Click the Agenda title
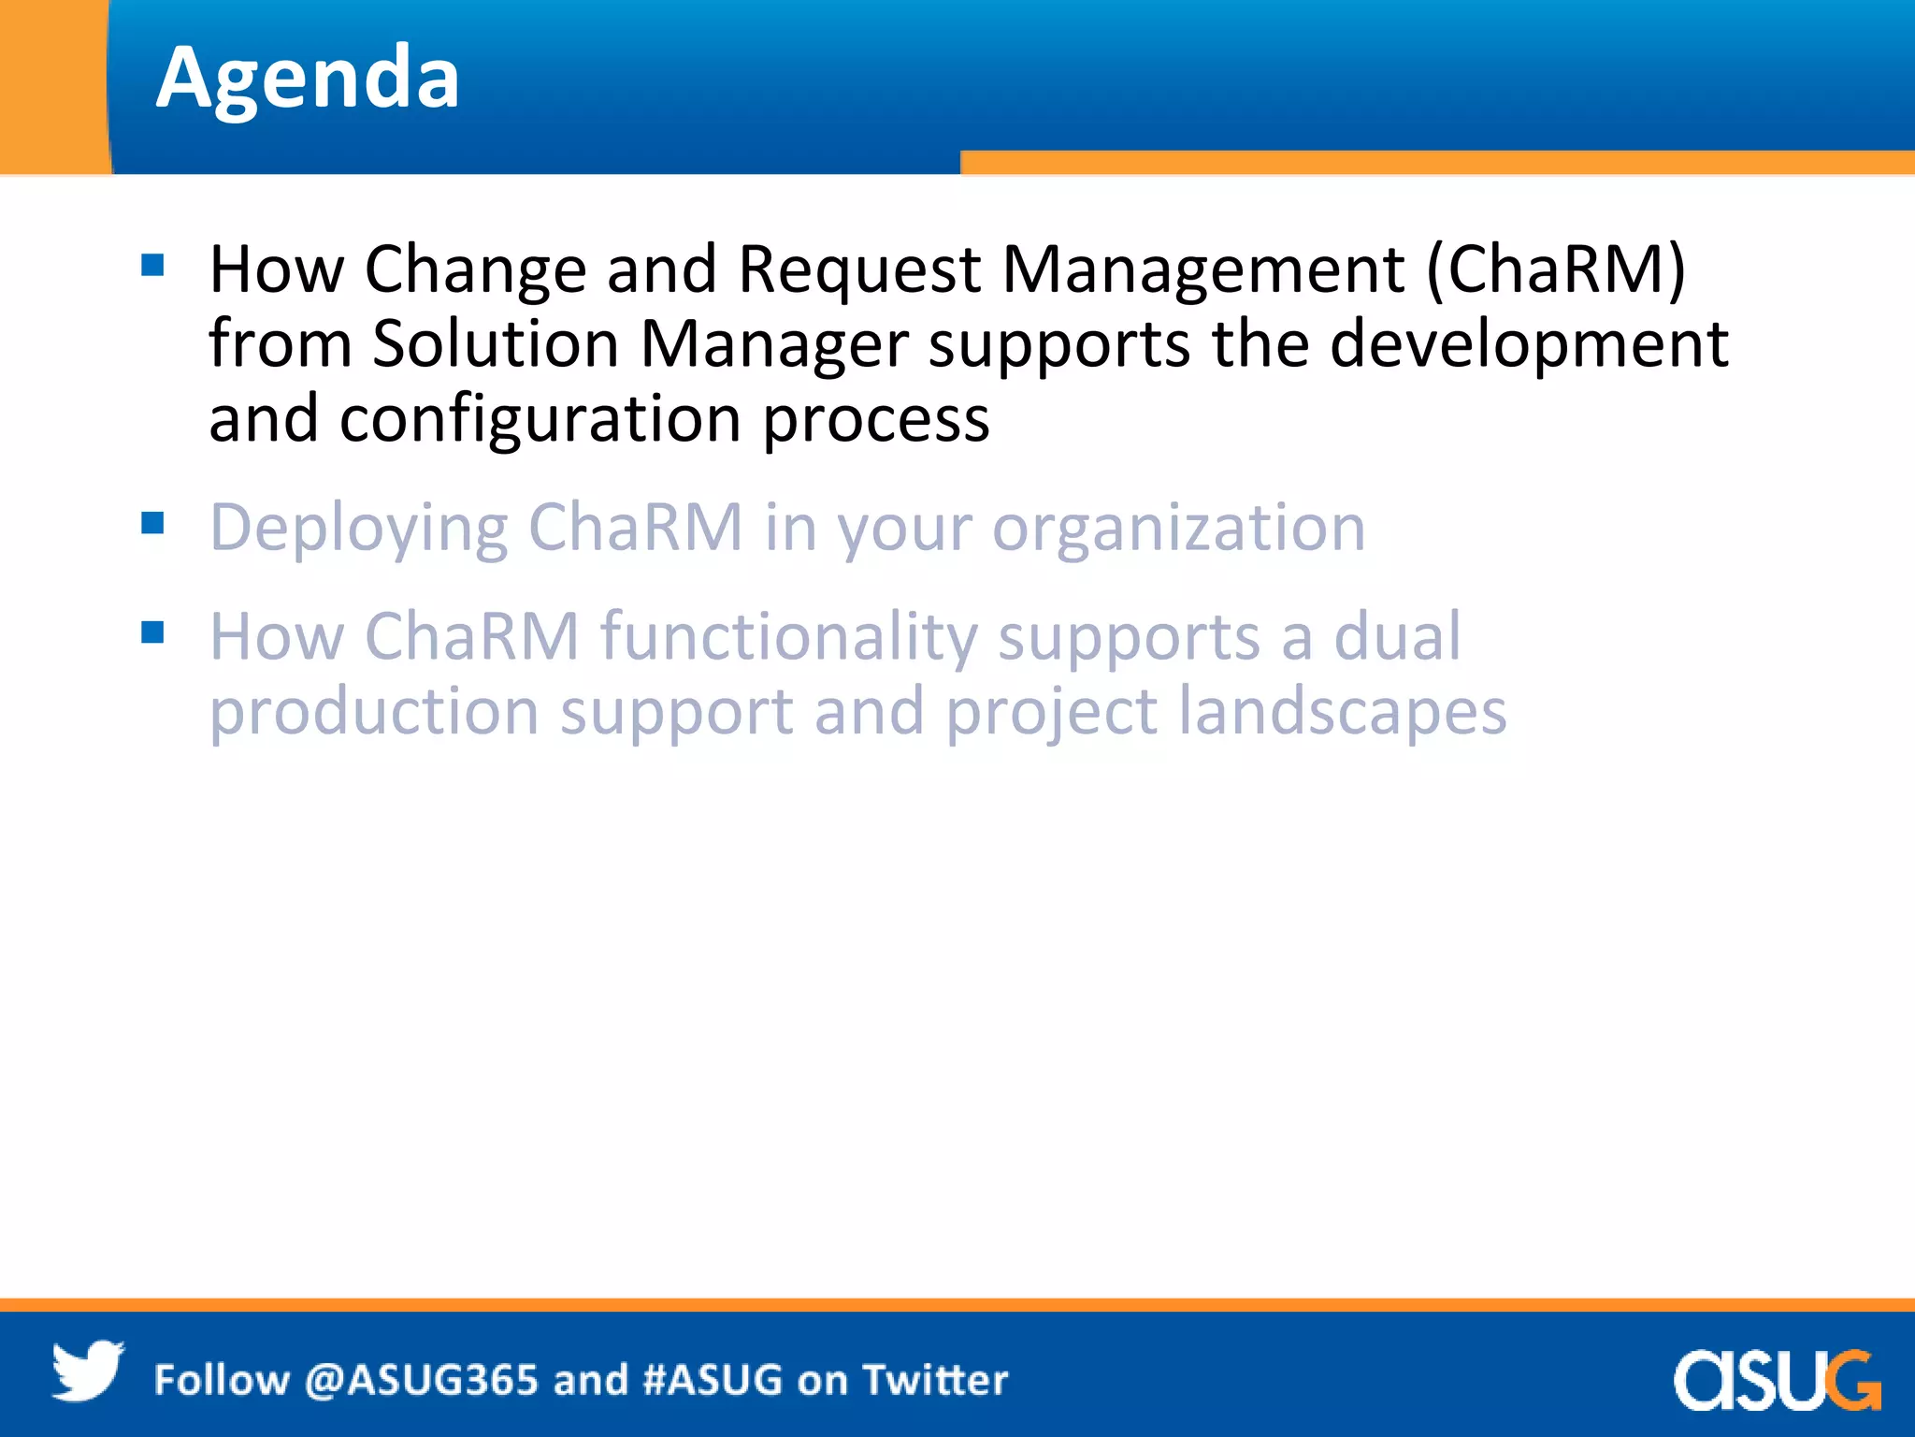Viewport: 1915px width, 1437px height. point(308,80)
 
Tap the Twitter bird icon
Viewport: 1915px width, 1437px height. point(87,1372)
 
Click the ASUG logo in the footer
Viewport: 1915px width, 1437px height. point(1776,1379)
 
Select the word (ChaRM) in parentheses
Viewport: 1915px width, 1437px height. point(1555,270)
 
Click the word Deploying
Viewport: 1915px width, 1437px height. point(358,530)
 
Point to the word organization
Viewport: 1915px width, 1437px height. point(1178,530)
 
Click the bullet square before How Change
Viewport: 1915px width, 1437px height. point(152,266)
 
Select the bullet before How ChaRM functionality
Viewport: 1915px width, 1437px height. point(152,632)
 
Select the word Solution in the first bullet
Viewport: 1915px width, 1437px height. point(496,344)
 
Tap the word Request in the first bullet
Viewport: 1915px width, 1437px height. point(858,270)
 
